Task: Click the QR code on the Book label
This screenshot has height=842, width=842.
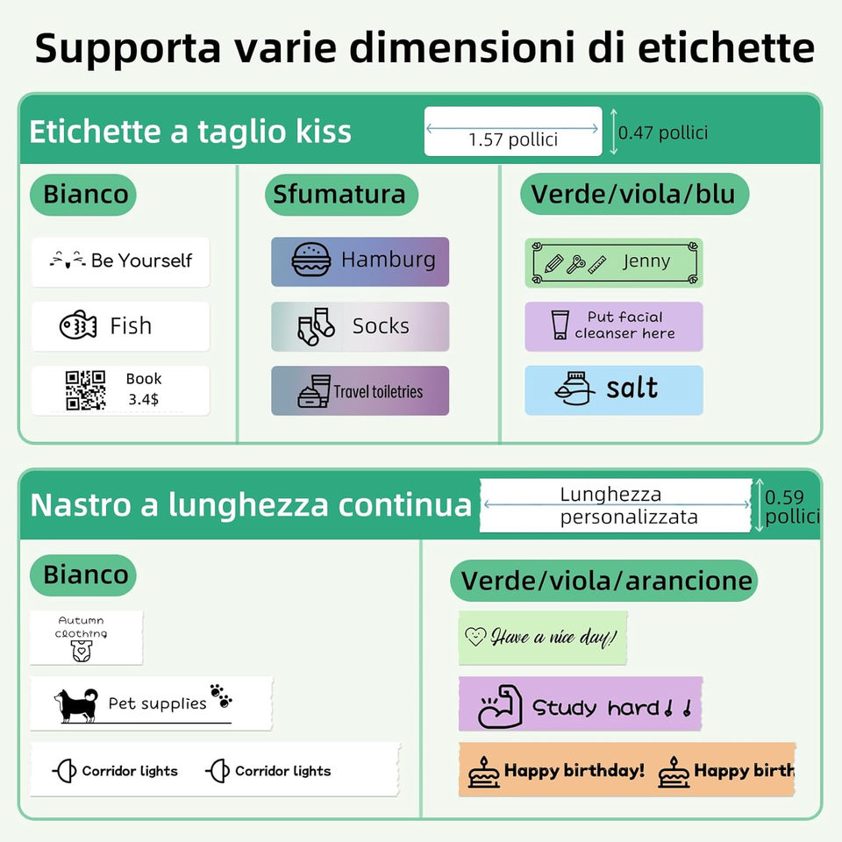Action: [x=85, y=389]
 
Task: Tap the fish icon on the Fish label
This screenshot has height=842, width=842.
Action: [x=78, y=326]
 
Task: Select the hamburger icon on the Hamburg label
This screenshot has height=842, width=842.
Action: [x=310, y=260]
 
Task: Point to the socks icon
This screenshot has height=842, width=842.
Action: [x=316, y=326]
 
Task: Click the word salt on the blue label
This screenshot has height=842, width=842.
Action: [x=631, y=389]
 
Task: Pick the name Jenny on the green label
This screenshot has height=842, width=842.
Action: [x=646, y=261]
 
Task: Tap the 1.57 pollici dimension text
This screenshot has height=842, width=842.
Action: [x=513, y=139]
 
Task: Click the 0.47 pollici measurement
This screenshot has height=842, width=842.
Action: [x=663, y=132]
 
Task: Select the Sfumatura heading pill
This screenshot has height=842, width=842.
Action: [x=340, y=194]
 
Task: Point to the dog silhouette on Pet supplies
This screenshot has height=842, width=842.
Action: [x=76, y=704]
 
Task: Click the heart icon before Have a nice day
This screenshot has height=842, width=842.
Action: [x=475, y=637]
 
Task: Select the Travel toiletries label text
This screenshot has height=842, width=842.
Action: [x=378, y=392]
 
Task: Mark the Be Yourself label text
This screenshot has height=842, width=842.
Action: [x=141, y=260]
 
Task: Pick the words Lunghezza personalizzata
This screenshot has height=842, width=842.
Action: [x=617, y=506]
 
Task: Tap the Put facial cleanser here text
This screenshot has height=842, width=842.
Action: [x=624, y=325]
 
